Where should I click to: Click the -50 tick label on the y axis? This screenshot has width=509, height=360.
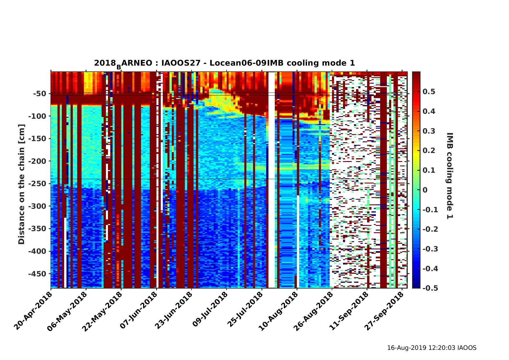40,94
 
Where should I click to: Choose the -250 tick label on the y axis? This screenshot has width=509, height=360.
37,184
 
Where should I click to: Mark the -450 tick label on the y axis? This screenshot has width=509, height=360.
37,274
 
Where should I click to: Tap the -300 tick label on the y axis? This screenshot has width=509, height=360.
37,206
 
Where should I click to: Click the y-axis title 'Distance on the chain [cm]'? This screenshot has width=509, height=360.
22,184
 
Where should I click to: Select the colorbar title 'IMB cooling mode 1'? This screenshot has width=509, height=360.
449,176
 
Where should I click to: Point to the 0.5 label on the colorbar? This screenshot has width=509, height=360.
429,92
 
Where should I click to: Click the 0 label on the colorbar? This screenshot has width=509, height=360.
425,190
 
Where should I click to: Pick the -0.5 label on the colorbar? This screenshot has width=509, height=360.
430,288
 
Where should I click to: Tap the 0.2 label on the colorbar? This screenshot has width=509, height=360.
429,151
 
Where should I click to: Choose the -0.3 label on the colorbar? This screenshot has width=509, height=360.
430,249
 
